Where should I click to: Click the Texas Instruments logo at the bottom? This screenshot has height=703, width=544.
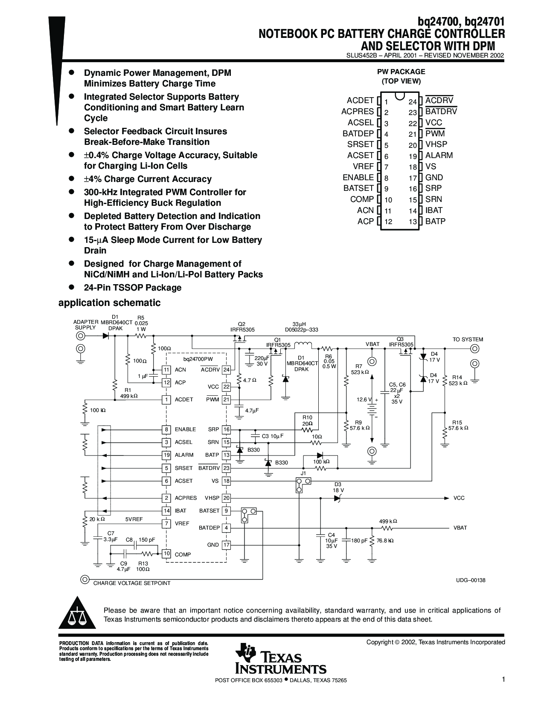point(281,658)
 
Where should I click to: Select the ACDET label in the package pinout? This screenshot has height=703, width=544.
point(360,100)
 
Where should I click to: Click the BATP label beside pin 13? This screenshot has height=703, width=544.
point(435,221)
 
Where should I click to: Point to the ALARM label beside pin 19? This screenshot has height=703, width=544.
point(439,155)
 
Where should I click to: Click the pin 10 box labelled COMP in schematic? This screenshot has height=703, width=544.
point(166,553)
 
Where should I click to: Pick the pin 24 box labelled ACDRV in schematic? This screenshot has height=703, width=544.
point(226,370)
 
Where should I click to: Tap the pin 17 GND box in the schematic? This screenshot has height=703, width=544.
point(226,545)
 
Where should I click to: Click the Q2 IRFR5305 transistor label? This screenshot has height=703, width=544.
point(242,327)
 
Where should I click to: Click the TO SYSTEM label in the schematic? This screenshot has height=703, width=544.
point(468,340)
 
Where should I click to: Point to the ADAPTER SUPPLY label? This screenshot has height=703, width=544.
point(85,325)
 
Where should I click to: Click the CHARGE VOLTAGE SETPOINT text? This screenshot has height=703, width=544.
point(131,583)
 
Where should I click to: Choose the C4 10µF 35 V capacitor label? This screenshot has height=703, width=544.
point(331,540)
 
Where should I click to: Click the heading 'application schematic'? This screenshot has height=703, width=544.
point(110,303)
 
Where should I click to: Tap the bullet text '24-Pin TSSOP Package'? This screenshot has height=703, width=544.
point(133,288)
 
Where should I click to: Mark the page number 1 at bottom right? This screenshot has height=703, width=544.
point(503,680)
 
